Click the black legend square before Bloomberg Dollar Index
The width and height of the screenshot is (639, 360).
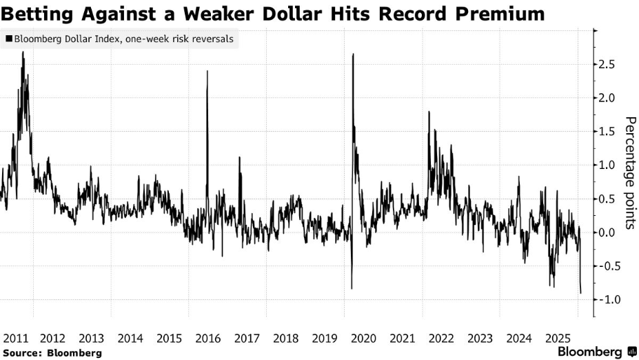tap(8, 39)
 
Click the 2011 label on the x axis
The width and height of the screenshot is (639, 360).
tap(14, 338)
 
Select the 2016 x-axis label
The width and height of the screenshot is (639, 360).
tap(208, 338)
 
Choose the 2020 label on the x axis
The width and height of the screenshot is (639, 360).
tap(363, 338)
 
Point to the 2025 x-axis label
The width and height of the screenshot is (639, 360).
tap(557, 338)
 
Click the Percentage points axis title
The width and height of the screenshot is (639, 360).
tap(629, 172)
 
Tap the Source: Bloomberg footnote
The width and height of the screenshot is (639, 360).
tap(52, 352)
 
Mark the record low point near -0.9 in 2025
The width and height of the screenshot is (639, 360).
tap(580, 293)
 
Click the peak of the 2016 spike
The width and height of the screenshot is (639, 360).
tap(207, 71)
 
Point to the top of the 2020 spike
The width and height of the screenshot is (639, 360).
tap(353, 54)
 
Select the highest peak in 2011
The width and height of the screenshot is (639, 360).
tap(23, 52)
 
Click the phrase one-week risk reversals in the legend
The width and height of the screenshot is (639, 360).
tap(186, 39)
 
